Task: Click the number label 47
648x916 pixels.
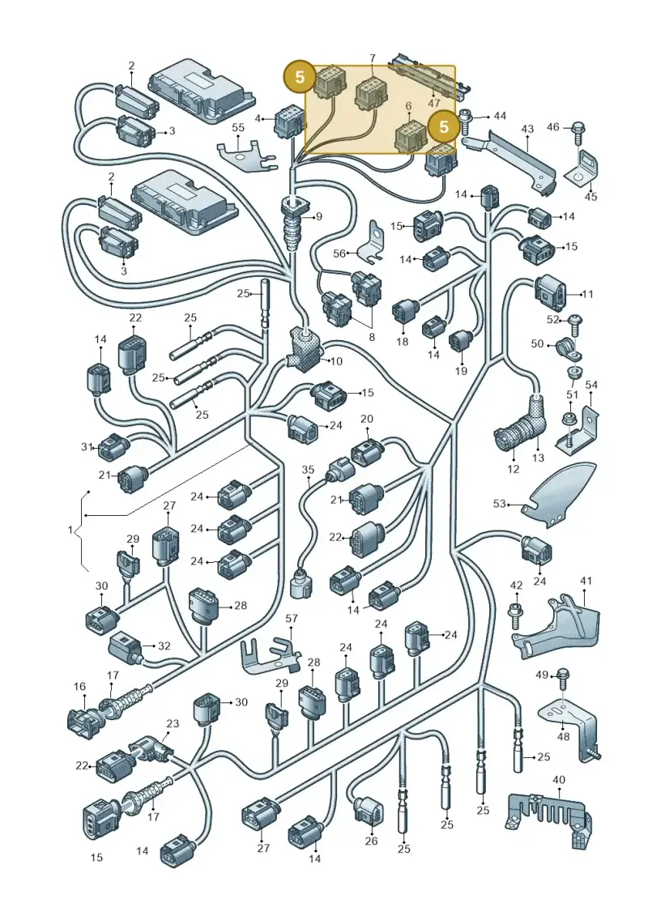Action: [433, 103]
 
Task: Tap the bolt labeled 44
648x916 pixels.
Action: [467, 121]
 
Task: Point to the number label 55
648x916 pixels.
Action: [238, 127]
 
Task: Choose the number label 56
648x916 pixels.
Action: [340, 253]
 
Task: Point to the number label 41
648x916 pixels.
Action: [586, 581]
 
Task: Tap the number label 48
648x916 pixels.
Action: [562, 737]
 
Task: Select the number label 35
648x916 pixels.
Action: [308, 470]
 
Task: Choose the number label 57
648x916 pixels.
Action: [292, 618]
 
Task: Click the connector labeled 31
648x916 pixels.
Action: [113, 448]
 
